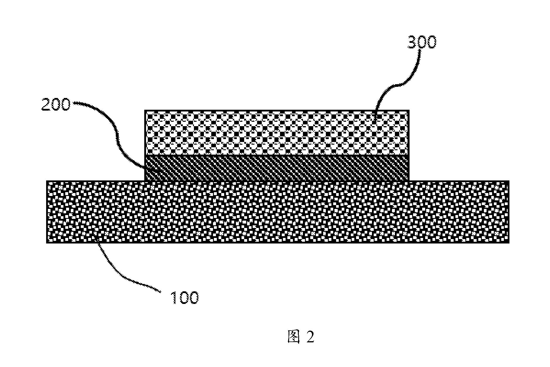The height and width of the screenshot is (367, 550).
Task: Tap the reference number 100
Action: click(x=184, y=297)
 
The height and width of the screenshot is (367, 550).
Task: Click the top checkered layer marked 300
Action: click(x=276, y=133)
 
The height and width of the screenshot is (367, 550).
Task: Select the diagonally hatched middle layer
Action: click(x=276, y=168)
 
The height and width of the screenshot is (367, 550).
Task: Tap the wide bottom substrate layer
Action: click(x=278, y=212)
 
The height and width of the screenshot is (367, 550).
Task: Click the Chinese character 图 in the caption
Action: click(x=294, y=337)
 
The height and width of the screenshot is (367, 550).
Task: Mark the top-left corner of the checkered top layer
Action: click(x=145, y=110)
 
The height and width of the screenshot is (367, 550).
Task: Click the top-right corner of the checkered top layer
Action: click(x=409, y=110)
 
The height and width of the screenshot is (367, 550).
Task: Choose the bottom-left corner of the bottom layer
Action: click(x=47, y=243)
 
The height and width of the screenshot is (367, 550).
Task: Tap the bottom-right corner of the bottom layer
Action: click(x=509, y=243)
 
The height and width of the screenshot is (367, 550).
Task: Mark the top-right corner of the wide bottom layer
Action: click(x=509, y=181)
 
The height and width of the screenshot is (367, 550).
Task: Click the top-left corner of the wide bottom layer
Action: click(x=47, y=181)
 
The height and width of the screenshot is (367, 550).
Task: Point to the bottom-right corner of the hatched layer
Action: click(x=409, y=180)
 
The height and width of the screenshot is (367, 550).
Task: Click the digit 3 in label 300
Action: click(x=412, y=42)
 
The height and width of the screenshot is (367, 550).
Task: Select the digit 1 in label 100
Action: click(x=173, y=297)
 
